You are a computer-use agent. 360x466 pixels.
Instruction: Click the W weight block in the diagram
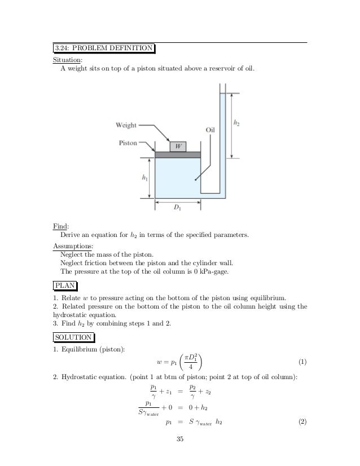tap(178, 146)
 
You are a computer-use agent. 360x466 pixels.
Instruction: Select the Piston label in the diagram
tap(128, 143)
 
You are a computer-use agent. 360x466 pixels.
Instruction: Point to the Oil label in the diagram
tap(210, 129)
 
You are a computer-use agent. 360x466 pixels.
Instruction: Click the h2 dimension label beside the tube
tap(238, 121)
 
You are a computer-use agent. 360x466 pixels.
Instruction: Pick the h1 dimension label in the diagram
tap(146, 178)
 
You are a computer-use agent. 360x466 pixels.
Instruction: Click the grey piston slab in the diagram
tap(178, 155)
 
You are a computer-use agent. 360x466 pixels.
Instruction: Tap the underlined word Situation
tap(67, 59)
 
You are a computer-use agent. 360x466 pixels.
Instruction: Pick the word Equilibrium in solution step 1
tap(78, 348)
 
